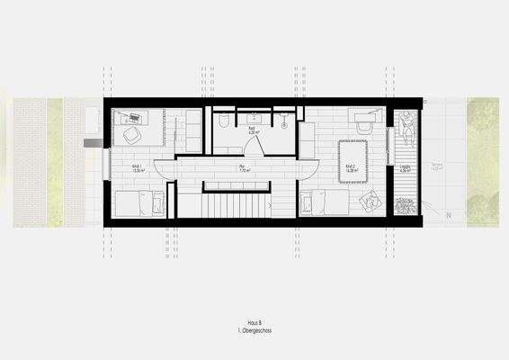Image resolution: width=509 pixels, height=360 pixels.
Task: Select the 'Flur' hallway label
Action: click(243, 167)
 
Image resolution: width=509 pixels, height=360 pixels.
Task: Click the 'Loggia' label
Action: click(405, 167)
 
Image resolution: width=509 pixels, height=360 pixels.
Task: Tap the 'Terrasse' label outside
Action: click(438, 166)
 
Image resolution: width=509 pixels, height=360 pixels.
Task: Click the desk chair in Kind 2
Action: click(363, 129)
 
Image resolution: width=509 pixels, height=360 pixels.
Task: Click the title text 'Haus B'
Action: click(254, 320)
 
